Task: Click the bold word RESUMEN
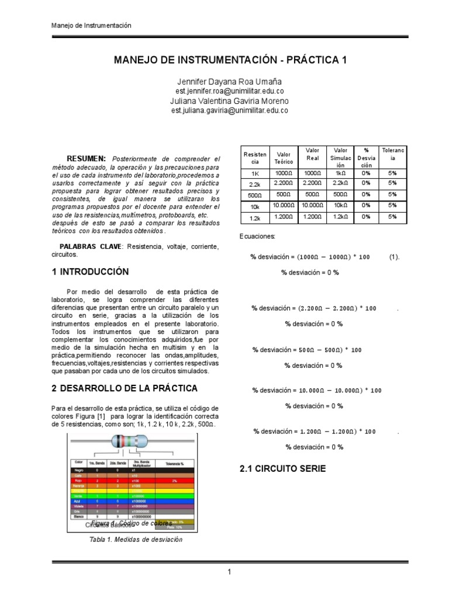87,158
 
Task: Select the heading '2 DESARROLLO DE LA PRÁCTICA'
124,388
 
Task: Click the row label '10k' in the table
254,206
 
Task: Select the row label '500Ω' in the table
254,195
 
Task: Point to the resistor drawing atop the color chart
136,444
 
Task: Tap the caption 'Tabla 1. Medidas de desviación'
136,539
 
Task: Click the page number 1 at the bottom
230,573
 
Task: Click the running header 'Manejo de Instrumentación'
91,26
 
